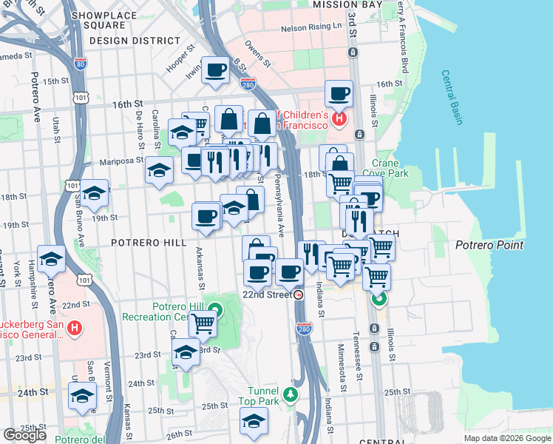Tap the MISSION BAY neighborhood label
[x=347, y=4]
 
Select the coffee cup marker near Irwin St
[x=215, y=70]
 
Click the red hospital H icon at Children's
[x=339, y=118]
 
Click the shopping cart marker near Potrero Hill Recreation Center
[x=202, y=323]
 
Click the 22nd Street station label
[x=269, y=294]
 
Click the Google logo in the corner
[x=24, y=435]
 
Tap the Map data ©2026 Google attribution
[x=506, y=438]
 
